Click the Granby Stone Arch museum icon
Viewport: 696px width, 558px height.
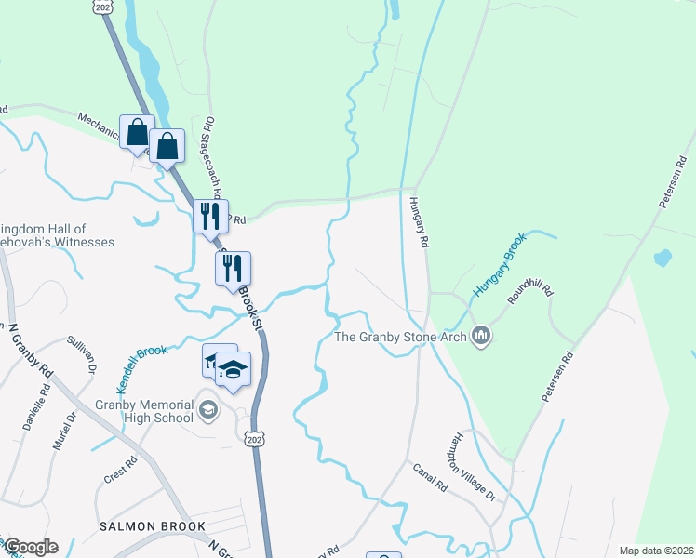click(481, 335)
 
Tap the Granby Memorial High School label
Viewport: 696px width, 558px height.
click(144, 411)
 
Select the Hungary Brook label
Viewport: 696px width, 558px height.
click(499, 265)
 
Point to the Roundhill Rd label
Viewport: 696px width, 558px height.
click(530, 295)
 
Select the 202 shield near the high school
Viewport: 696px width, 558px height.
click(252, 438)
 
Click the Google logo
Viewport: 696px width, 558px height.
click(31, 547)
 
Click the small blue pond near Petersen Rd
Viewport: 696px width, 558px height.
click(663, 258)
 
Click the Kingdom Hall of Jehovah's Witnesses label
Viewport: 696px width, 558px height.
click(58, 235)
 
